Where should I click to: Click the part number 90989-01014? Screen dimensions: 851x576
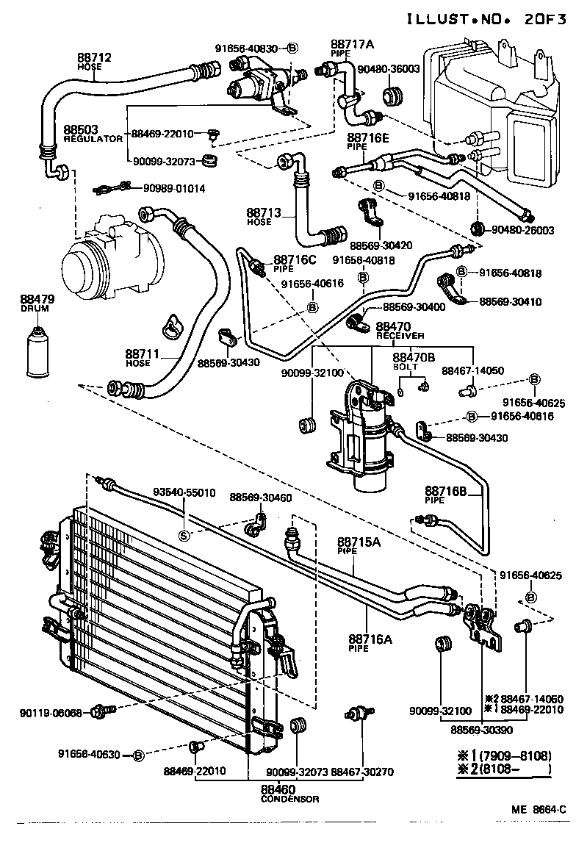coord(174,189)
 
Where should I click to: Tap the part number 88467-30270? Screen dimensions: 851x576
coord(362,771)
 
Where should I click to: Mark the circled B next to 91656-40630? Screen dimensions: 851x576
coord(137,753)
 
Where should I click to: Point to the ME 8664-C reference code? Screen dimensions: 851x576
coord(539,810)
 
